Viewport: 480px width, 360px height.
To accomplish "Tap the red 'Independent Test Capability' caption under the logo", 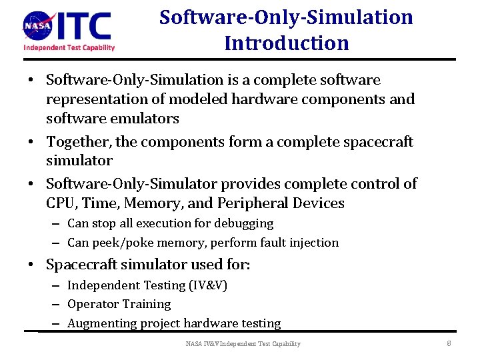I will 69,47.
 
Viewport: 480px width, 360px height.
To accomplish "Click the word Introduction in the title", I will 286,43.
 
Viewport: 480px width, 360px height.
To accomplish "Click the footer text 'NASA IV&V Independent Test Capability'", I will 243,343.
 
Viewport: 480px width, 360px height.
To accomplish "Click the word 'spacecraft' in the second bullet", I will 378,142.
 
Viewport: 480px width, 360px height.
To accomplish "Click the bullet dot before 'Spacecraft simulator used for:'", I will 31,265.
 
